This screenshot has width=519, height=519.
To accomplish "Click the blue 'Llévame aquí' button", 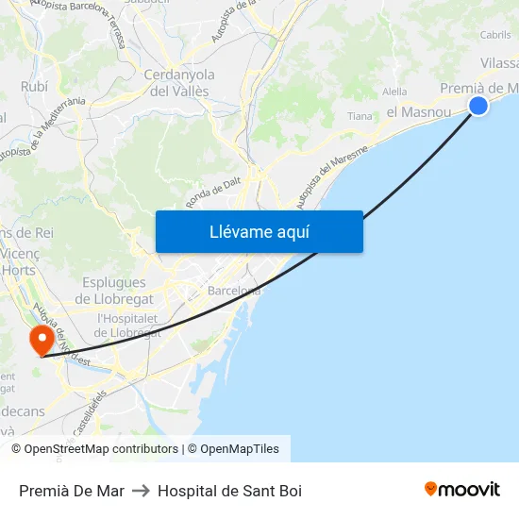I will click(259, 231).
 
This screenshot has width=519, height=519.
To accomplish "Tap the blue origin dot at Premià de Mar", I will click(478, 106).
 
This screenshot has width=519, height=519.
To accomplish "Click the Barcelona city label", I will click(234, 290).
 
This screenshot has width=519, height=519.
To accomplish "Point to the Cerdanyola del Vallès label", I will click(179, 83).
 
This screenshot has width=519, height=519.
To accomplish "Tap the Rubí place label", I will click(35, 86).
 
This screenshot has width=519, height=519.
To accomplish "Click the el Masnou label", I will click(418, 111).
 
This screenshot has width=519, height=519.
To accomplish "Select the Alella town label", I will click(395, 92).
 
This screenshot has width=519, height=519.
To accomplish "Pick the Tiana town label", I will click(360, 116).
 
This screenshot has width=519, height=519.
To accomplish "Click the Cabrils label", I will click(495, 35).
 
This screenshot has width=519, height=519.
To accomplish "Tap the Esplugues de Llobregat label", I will click(114, 291).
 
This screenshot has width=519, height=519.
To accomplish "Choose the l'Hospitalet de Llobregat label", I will click(130, 325).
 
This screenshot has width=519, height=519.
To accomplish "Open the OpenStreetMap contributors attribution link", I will click(101, 449).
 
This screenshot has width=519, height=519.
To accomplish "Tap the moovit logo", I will click(461, 489).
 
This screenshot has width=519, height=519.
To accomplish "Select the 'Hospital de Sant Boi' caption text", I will click(229, 491).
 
